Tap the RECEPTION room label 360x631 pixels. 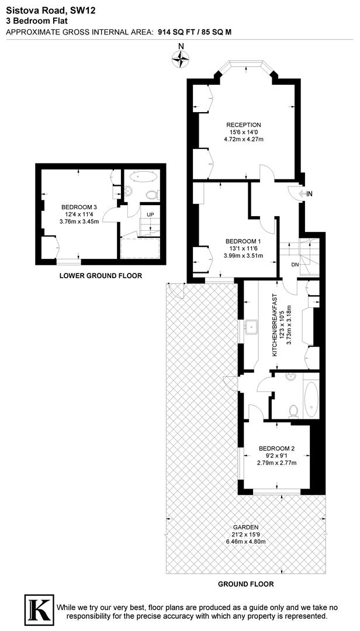point(244,125)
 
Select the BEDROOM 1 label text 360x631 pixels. point(243,241)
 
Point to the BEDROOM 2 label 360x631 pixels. point(277,449)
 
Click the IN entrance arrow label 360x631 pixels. point(309,193)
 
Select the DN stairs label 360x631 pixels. point(296,264)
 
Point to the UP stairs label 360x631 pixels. point(150,215)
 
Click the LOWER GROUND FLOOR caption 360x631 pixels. point(101,275)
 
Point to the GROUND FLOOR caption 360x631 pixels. point(245,584)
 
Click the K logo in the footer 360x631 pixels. point(37,609)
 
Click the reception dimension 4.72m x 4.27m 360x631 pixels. point(244,139)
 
